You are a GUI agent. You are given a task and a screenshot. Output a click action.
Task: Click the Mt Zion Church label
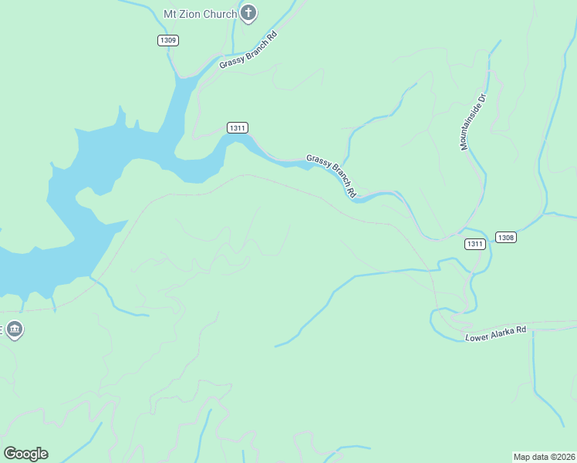click(200, 14)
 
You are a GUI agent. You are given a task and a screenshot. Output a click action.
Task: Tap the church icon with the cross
click(248, 12)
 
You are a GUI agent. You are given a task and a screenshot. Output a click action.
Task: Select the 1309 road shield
click(167, 40)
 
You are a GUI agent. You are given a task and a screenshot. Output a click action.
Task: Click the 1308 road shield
click(505, 237)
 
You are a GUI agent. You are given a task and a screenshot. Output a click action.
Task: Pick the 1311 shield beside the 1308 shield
click(475, 244)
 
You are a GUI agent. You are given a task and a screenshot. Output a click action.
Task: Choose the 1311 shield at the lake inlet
click(238, 127)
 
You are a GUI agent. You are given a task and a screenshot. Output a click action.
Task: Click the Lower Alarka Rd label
click(496, 333)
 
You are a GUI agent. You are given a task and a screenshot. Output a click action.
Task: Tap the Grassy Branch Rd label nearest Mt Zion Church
click(248, 51)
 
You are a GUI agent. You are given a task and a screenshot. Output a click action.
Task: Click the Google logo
click(25, 454)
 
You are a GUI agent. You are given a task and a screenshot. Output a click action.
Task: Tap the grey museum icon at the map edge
click(14, 330)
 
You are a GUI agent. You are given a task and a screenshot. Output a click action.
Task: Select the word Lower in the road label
click(477, 336)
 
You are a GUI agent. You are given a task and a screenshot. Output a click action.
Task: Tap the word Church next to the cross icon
click(220, 14)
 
